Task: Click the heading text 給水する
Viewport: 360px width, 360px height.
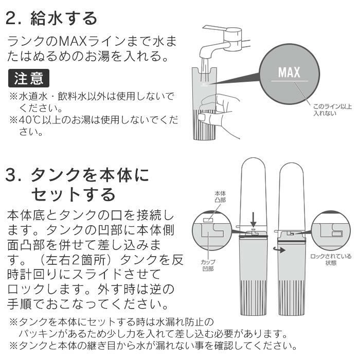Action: [x=64, y=19]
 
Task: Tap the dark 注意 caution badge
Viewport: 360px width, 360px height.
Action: [x=29, y=78]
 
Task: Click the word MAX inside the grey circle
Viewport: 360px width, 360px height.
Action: [x=289, y=72]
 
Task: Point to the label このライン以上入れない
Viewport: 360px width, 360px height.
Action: [x=332, y=110]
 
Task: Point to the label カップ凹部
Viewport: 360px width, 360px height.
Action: [x=208, y=264]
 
